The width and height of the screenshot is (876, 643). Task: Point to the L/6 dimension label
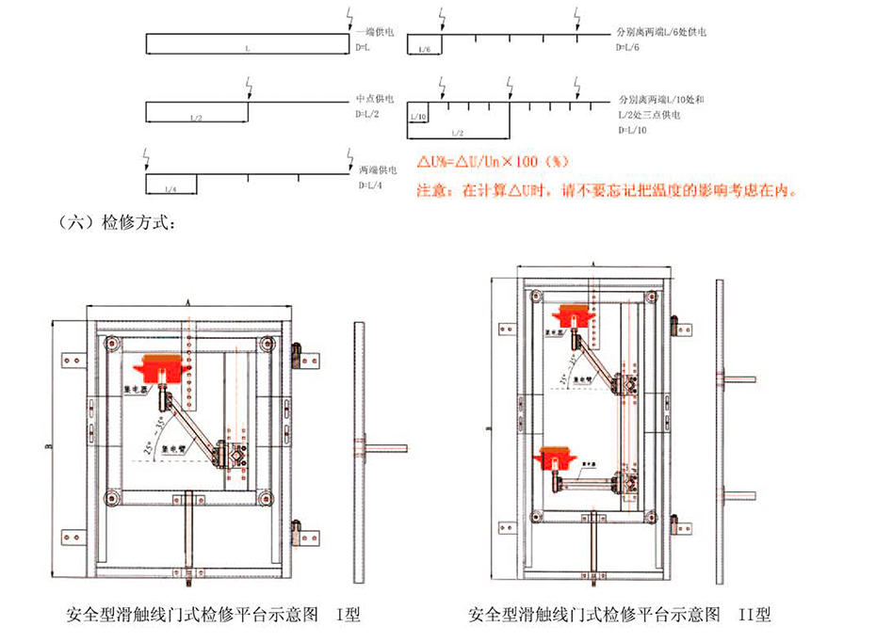point(425,49)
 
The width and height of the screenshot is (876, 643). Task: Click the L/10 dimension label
point(417,118)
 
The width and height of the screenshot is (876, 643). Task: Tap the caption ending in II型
point(620,617)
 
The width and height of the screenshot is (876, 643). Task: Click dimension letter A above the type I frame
point(189,302)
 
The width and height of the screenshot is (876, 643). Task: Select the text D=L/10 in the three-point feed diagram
point(632,131)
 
